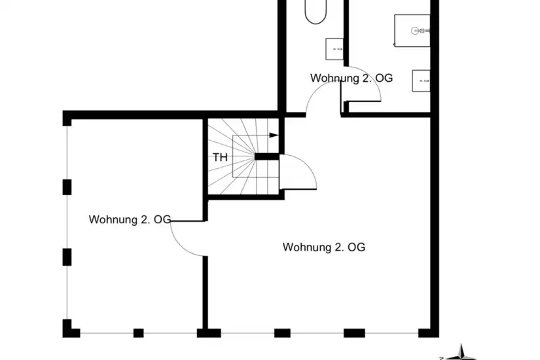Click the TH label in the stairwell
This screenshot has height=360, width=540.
220,158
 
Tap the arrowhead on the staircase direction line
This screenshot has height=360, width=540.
274,135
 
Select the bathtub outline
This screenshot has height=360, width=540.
315,12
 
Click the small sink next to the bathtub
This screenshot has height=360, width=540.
334,49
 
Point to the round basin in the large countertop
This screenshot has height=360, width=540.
416,31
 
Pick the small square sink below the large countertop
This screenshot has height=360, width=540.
421,81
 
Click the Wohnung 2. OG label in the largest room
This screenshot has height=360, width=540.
324,247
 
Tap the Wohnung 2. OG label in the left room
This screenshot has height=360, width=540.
130,219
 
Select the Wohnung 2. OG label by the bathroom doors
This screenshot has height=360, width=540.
351,78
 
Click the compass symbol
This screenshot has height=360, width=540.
459,353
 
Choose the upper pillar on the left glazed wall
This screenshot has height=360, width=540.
67,187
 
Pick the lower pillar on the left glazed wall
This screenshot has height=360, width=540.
67,257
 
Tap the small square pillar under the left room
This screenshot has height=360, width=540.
139,333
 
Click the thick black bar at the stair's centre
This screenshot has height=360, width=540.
267,156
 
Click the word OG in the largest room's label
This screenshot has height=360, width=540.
357,247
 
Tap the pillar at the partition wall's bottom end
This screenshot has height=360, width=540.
209,333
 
